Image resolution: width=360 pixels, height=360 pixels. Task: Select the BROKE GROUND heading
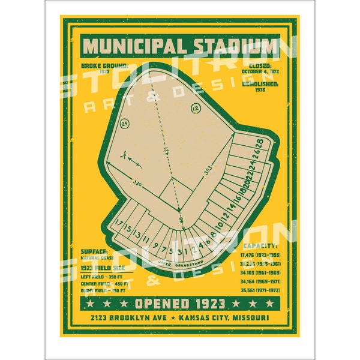[104, 65]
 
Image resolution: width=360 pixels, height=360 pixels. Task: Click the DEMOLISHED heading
[260, 85]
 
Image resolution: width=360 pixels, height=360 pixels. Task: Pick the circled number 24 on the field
[125, 123]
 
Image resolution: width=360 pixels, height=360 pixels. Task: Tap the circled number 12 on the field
[196, 108]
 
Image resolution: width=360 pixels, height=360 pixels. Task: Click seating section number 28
[259, 143]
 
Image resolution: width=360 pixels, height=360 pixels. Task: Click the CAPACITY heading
[260, 246]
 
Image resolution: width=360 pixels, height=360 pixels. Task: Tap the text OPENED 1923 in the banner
[179, 303]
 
